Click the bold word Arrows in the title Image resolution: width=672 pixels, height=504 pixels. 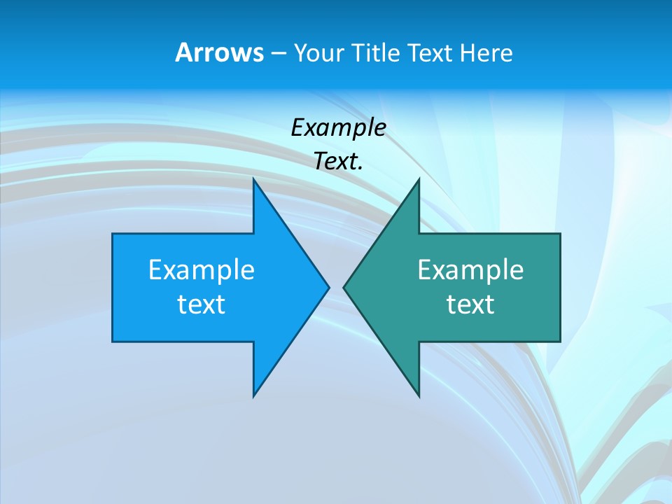[x=219, y=52]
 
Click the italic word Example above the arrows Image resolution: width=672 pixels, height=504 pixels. [x=338, y=127]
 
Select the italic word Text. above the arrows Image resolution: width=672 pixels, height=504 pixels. [x=338, y=161]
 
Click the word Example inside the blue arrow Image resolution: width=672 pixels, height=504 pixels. [x=202, y=269]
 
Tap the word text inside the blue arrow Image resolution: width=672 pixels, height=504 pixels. [x=202, y=304]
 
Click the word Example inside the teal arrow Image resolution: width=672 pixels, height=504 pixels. [x=470, y=269]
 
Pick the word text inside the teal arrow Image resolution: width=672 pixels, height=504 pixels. [x=470, y=304]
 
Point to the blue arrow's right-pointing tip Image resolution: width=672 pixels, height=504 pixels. [x=328, y=287]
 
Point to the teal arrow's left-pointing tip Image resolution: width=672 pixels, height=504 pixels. [x=344, y=287]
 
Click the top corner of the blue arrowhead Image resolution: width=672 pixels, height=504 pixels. [x=253, y=178]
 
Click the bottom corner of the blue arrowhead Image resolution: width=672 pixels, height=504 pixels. [x=253, y=396]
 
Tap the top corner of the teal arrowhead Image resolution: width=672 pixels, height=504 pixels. [x=419, y=178]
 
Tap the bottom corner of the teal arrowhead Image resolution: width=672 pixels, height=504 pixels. [x=419, y=396]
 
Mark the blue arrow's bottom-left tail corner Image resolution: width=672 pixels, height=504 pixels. [x=113, y=342]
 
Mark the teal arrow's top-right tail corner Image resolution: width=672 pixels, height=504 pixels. [x=560, y=234]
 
